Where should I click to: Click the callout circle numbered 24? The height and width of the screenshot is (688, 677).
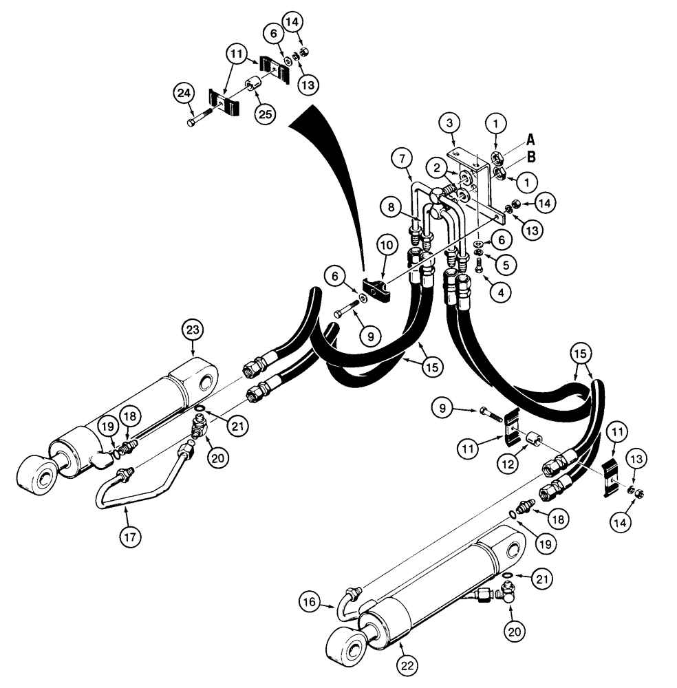coord(183,94)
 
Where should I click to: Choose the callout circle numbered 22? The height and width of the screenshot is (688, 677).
coord(407,665)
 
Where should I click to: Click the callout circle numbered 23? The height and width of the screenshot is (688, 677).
coord(192,330)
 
